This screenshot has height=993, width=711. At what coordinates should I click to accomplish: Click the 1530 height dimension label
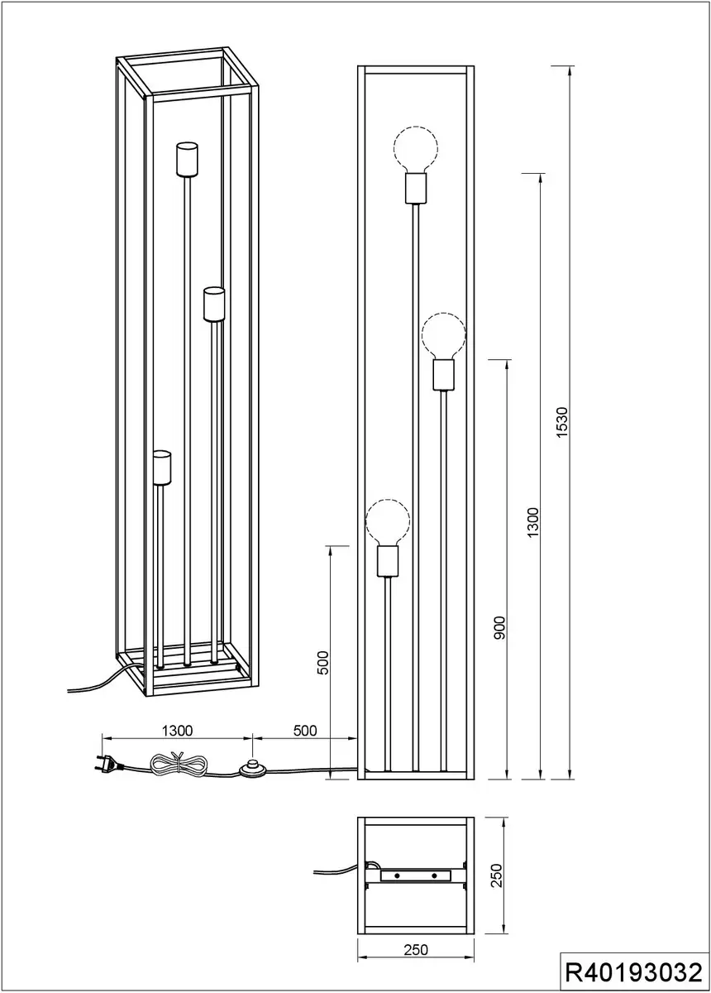[561, 423]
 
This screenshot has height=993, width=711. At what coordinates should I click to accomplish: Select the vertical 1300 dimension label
[533, 523]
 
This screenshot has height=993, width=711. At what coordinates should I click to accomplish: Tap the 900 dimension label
[499, 627]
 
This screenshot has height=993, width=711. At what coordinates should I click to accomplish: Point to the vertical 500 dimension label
[324, 663]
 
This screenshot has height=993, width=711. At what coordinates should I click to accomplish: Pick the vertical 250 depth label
[497, 875]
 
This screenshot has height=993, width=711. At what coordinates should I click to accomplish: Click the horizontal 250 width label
[416, 950]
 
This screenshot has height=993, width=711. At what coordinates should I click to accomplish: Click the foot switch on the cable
[252, 769]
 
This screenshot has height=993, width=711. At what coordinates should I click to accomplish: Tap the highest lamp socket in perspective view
[187, 159]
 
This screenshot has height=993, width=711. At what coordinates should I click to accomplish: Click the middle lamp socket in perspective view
[214, 305]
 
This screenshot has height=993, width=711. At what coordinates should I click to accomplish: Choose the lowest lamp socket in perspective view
[162, 468]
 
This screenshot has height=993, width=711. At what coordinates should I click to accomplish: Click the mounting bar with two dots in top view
[416, 875]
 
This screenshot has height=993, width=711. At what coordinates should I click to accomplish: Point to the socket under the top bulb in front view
[416, 188]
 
